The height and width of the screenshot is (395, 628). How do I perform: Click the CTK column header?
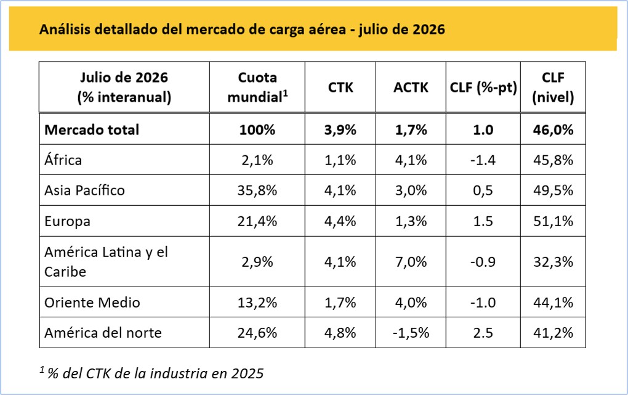click(340, 88)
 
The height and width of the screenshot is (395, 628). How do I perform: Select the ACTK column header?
click(411, 88)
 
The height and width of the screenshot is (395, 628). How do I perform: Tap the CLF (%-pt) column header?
click(483, 88)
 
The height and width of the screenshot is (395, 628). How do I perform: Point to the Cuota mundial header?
click(257, 87)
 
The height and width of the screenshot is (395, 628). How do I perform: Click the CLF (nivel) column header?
click(553, 87)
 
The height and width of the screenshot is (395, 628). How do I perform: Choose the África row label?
click(63, 160)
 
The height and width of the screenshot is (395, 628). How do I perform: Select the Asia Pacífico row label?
click(84, 190)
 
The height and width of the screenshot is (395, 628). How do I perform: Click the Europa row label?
click(67, 221)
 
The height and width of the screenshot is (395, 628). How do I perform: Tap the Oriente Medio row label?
click(92, 303)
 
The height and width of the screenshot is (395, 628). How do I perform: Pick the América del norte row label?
click(103, 333)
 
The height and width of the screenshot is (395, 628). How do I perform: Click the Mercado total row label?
click(92, 130)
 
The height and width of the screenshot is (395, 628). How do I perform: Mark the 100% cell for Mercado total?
click(257, 130)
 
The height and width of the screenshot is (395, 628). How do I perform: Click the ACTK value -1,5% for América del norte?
click(411, 333)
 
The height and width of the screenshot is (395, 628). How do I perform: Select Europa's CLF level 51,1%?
click(553, 221)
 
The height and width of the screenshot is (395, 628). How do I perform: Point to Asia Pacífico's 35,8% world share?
click(257, 190)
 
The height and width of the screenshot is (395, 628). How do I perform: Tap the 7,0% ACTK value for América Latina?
click(411, 262)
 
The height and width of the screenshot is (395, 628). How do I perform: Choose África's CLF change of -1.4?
click(483, 160)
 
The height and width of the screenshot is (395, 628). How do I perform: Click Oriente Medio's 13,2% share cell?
click(257, 303)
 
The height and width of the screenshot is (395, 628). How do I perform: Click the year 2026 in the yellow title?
click(429, 30)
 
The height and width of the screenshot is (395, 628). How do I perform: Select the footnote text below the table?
click(152, 373)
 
